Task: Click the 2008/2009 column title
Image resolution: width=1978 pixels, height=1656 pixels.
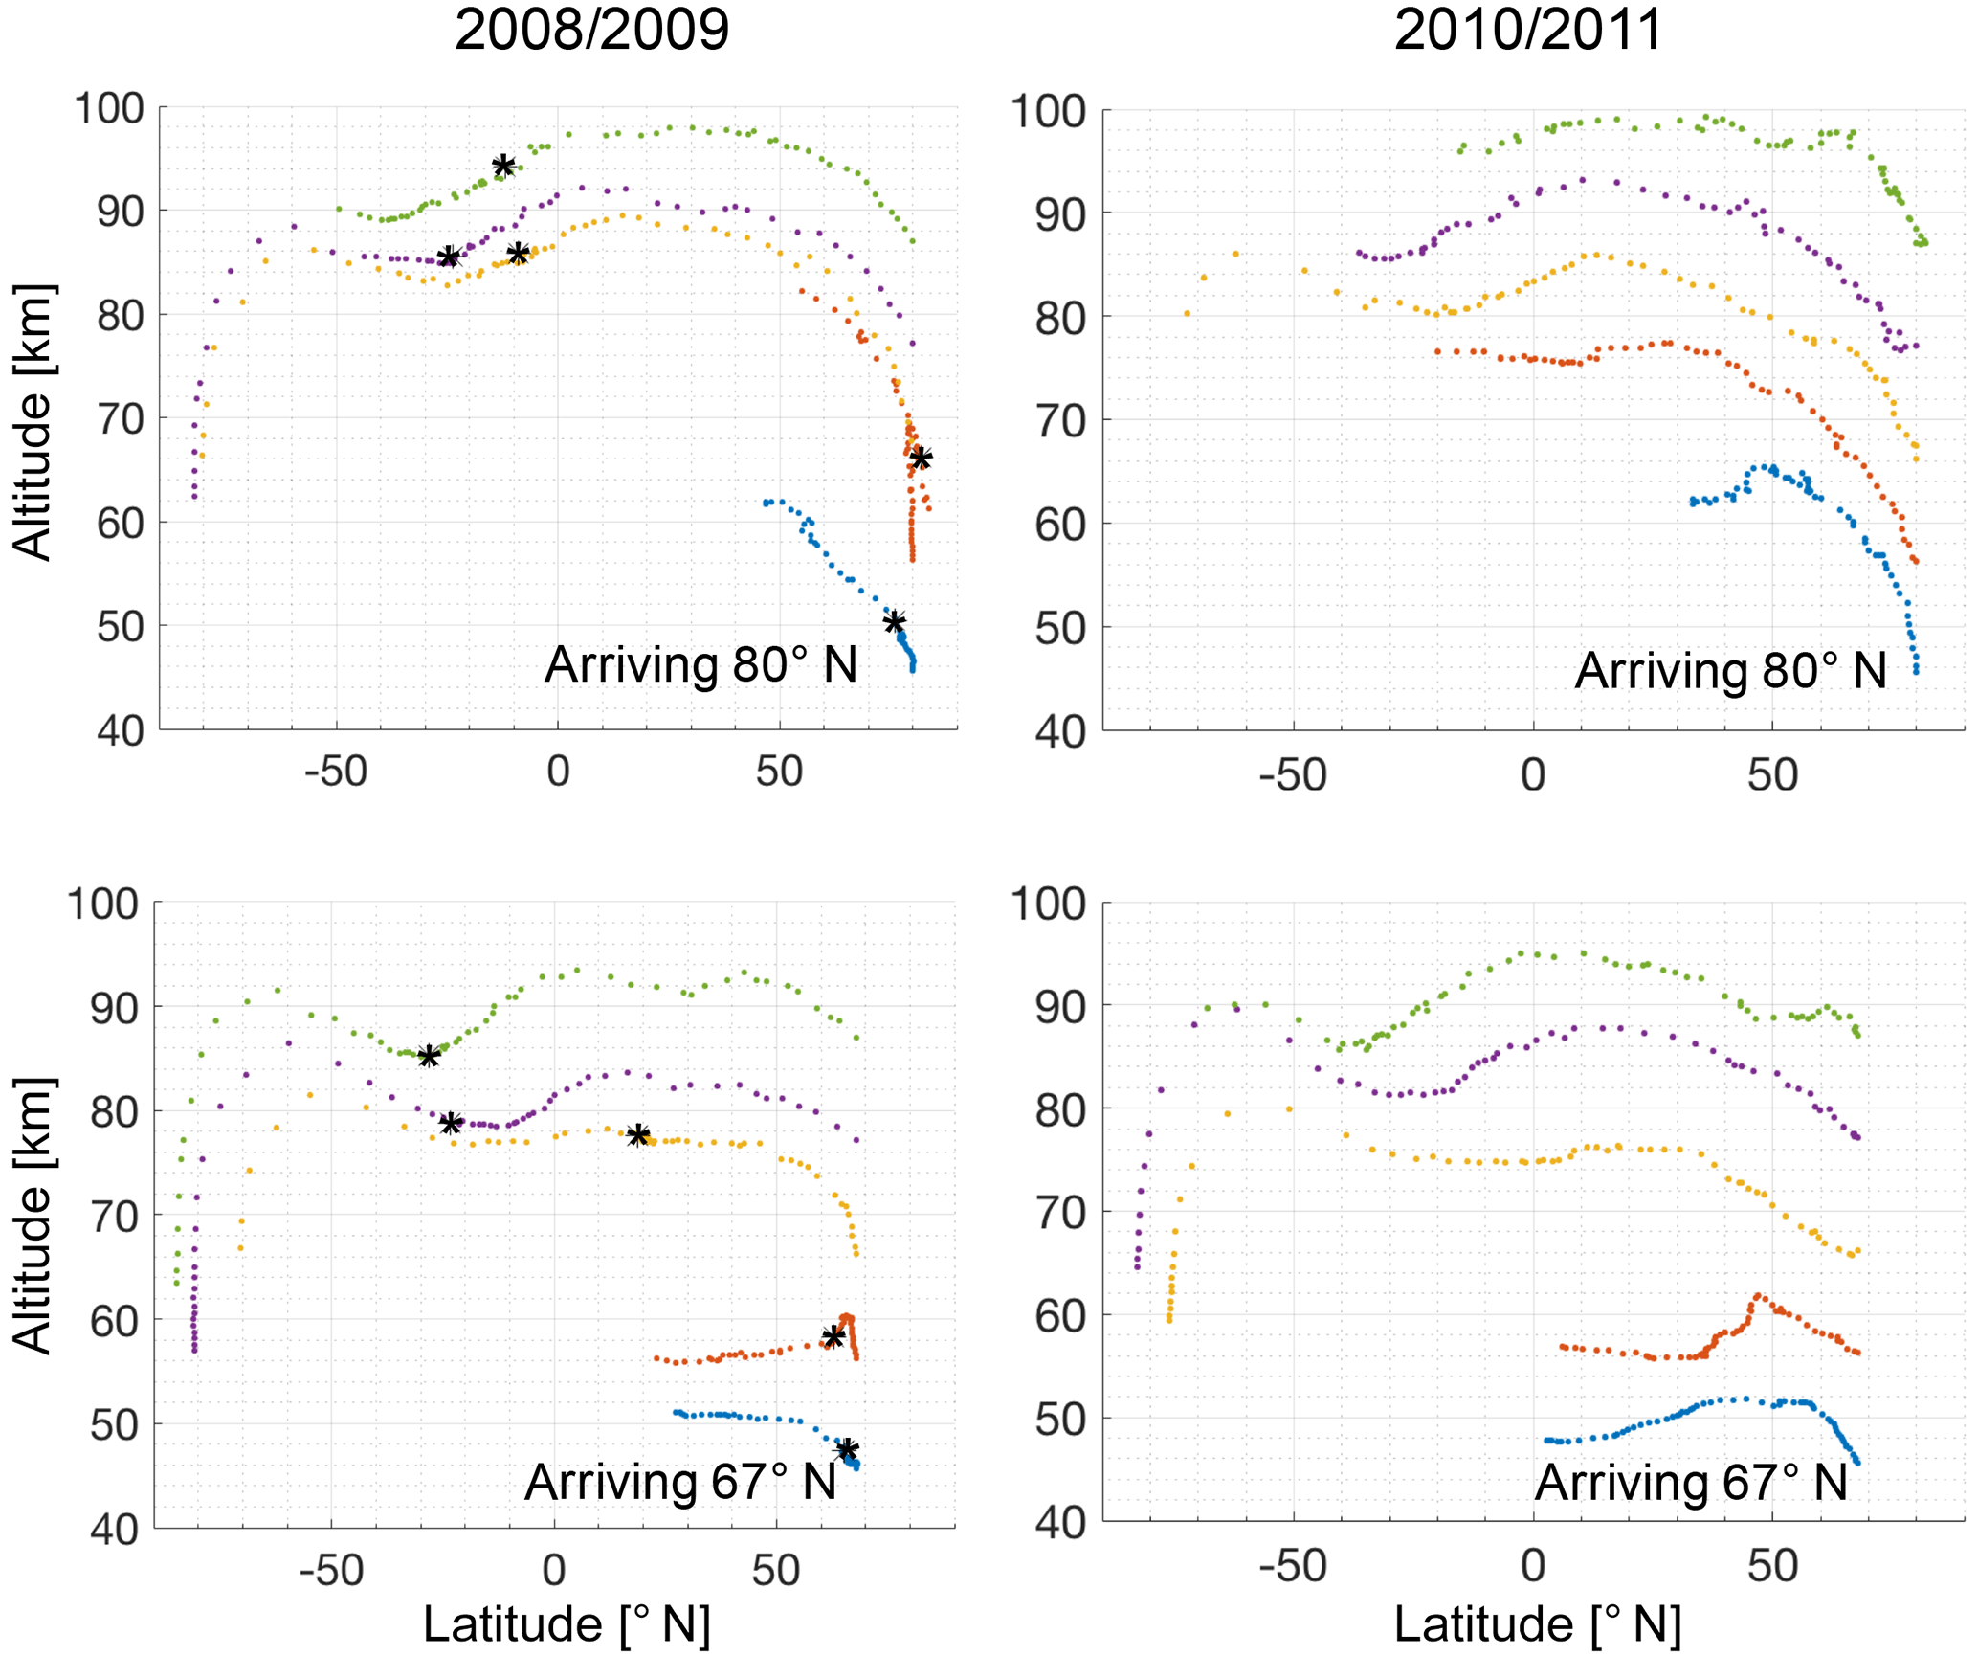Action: pyautogui.click(x=591, y=31)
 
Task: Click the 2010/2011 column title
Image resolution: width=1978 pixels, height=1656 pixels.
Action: pyautogui.click(x=1528, y=31)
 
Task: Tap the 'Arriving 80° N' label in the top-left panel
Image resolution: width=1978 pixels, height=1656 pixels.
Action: pyautogui.click(x=700, y=665)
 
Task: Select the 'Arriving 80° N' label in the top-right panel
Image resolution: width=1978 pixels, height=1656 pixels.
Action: pyautogui.click(x=1730, y=670)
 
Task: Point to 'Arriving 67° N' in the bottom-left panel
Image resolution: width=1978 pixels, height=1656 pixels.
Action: pyautogui.click(x=680, y=1483)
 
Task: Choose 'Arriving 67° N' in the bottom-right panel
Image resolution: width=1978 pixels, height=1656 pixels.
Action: pyautogui.click(x=1691, y=1483)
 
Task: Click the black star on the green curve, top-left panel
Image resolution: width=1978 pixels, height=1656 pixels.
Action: pyautogui.click(x=503, y=166)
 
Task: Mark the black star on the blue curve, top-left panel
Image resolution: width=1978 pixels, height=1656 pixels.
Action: pyautogui.click(x=894, y=622)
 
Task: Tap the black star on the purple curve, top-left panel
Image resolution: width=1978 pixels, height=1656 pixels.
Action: pyautogui.click(x=450, y=257)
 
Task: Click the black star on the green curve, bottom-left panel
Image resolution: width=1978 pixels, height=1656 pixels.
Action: pyautogui.click(x=429, y=1056)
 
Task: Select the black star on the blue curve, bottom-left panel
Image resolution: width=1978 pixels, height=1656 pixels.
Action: pyautogui.click(x=847, y=1449)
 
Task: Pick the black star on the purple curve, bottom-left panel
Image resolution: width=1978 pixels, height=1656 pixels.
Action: pyautogui.click(x=451, y=1123)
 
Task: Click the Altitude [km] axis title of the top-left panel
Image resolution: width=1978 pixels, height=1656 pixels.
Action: pyautogui.click(x=33, y=421)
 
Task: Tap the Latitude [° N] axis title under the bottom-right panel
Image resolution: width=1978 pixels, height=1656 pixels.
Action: pyautogui.click(x=1537, y=1624)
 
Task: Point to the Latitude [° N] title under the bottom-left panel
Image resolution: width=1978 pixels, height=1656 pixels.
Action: pyautogui.click(x=567, y=1624)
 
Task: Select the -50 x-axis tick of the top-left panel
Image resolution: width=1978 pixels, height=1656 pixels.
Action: pyautogui.click(x=336, y=772)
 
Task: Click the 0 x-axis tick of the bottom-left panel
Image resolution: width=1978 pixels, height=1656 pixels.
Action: pyautogui.click(x=554, y=1571)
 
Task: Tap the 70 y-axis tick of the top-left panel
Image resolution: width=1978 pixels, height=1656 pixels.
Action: pyautogui.click(x=120, y=419)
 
